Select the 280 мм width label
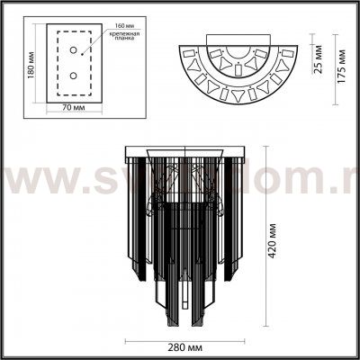[x=185, y=347]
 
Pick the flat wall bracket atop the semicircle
[x=238, y=39]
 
